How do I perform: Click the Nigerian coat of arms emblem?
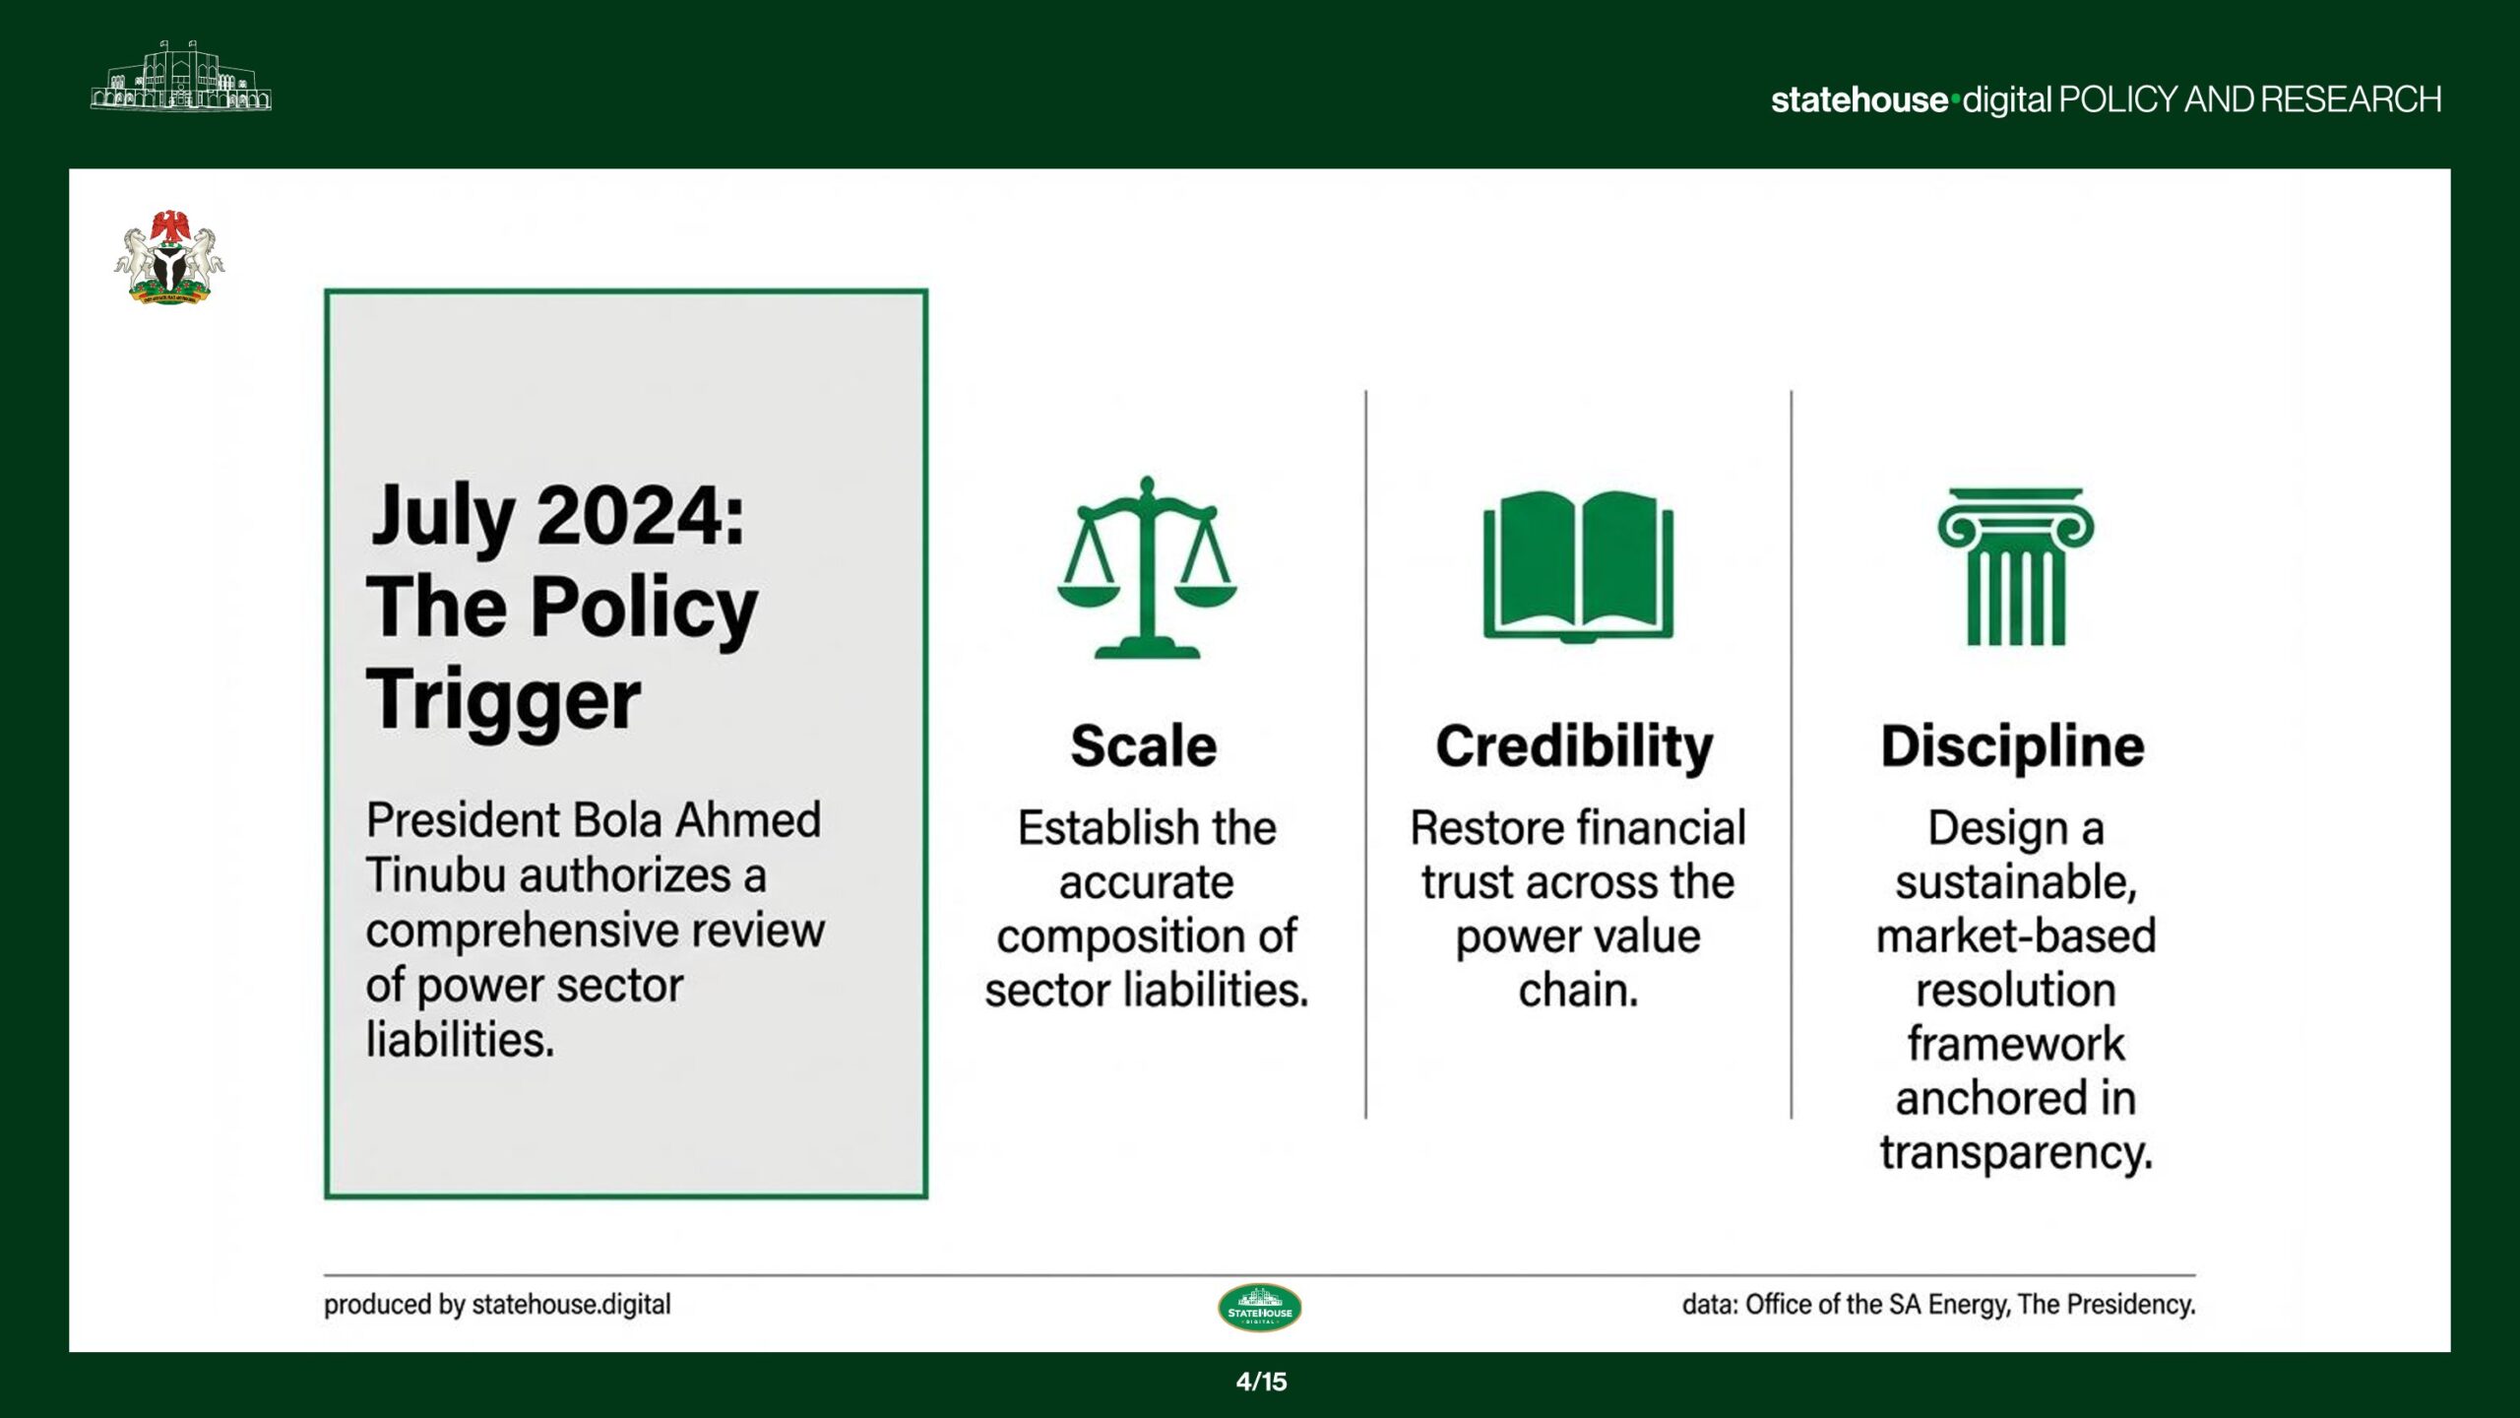pos(169,257)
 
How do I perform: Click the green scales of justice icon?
pos(1147,567)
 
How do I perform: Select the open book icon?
pos(1578,565)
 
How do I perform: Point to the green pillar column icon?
pos(2015,566)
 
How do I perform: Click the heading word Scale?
pos(1144,745)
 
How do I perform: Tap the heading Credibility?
pos(1574,747)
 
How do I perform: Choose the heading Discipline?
pos(2012,745)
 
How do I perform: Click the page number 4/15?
pos(1261,1382)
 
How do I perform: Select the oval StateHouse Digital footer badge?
pos(1260,1308)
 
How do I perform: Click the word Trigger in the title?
pos(503,700)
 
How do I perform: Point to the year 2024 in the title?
pos(641,516)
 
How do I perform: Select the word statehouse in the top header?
pos(1858,99)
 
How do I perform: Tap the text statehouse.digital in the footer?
pos(572,1304)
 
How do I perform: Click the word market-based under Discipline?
pos(2016,935)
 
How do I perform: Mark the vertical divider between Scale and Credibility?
pos(1365,754)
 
